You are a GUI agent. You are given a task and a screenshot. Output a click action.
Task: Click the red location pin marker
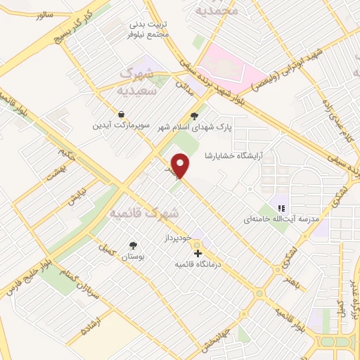click(x=181, y=166)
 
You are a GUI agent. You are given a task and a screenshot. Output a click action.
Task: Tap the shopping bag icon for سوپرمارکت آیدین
click(x=122, y=114)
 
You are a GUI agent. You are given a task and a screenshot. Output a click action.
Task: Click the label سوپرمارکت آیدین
click(x=124, y=126)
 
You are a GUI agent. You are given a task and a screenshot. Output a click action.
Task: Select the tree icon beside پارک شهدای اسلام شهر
click(x=195, y=117)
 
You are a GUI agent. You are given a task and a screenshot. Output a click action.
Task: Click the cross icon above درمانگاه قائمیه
click(x=198, y=252)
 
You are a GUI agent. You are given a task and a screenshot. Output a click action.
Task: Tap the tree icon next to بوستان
click(x=133, y=245)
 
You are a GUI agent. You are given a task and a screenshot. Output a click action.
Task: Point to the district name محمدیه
click(x=217, y=10)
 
